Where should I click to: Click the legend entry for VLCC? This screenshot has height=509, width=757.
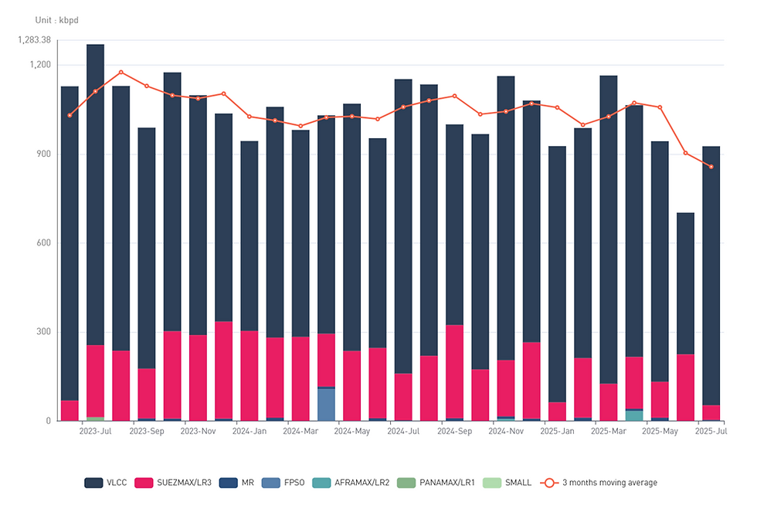(105, 483)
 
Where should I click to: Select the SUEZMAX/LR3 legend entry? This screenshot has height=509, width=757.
(174, 483)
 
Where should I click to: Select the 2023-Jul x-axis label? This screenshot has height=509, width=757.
(95, 432)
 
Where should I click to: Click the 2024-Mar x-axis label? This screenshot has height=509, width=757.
(300, 432)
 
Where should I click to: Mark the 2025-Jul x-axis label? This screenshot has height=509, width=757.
(711, 432)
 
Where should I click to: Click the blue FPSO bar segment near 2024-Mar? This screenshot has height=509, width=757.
(326, 404)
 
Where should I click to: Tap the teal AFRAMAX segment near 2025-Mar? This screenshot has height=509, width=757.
(634, 416)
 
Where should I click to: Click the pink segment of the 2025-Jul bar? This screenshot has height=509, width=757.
(711, 412)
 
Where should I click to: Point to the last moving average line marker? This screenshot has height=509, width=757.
(711, 167)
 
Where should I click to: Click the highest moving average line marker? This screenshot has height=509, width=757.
(121, 73)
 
